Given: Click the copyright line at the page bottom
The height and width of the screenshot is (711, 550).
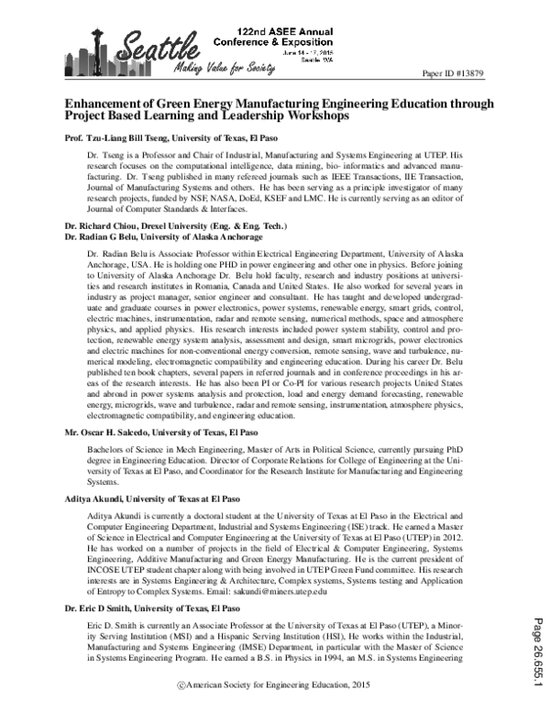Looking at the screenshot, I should point(275,698).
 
